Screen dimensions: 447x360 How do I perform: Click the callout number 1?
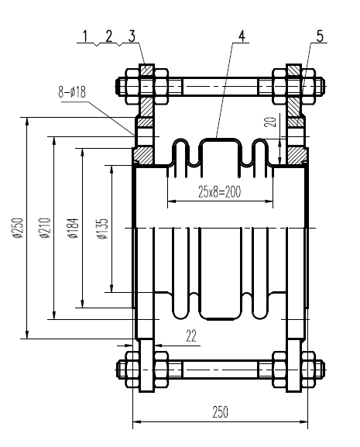click(87, 35)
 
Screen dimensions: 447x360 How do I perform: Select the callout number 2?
click(109, 35)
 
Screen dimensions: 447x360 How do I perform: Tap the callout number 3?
click(132, 35)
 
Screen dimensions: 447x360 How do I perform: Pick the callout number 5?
click(319, 35)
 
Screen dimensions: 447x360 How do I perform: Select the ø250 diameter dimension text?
click(18, 228)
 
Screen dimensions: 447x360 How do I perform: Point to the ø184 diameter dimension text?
click(73, 228)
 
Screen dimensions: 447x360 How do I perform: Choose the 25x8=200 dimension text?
click(221, 191)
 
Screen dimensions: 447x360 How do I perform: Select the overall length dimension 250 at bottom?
click(221, 412)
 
